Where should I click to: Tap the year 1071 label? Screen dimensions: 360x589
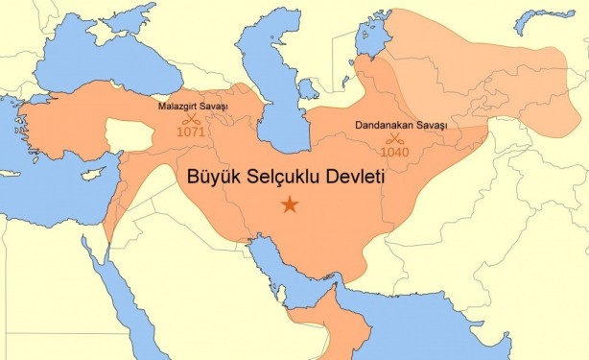coord(191,132)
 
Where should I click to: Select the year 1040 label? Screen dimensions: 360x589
coord(393,152)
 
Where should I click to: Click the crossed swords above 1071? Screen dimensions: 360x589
coord(192,118)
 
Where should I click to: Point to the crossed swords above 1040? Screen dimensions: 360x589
coord(393,138)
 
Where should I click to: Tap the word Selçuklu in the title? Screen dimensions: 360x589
coord(294,179)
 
